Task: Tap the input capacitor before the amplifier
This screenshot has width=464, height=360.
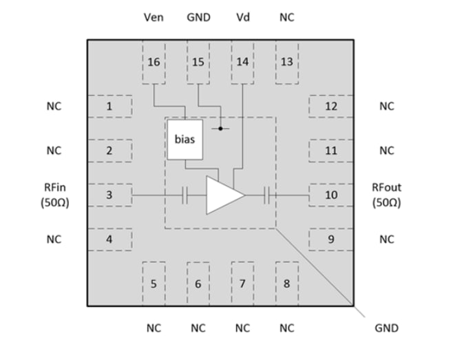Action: pos(184,195)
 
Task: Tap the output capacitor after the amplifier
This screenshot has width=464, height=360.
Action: pos(266,195)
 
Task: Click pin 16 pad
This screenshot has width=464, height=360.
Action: pos(154,62)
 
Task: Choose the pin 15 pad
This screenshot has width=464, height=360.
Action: pos(198,62)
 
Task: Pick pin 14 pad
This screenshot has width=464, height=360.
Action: pos(242,62)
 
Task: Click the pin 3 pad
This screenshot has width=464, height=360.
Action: pos(109,195)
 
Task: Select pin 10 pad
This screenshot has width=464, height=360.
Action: pos(330,195)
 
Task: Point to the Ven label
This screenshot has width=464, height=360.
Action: pos(154,17)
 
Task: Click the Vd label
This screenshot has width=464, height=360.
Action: pos(242,17)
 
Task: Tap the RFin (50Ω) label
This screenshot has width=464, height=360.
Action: pos(54,195)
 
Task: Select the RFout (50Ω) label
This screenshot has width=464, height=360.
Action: pos(386,195)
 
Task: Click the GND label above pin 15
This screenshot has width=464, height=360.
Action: pos(198,17)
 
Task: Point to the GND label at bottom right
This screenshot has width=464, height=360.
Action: pos(386,328)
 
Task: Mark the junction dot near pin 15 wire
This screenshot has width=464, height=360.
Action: pos(220,129)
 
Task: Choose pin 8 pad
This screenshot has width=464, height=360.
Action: pos(286,283)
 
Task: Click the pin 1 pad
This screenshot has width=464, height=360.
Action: pos(109,106)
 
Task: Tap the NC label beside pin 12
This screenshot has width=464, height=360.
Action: pos(386,106)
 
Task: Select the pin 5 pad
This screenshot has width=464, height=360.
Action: pos(154,283)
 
